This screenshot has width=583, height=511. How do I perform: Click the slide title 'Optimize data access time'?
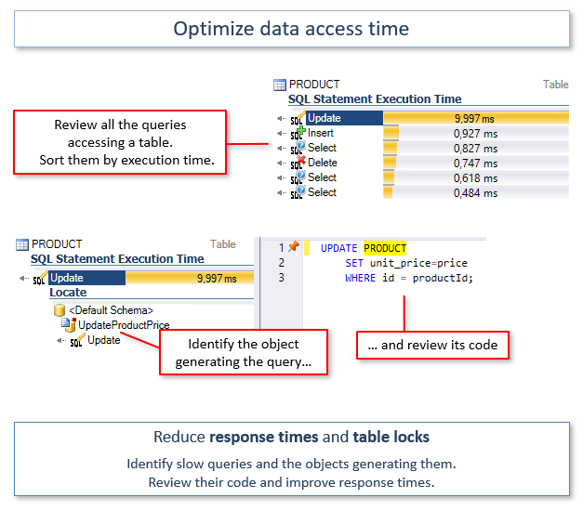point(291,29)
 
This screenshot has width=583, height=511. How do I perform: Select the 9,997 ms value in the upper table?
point(474,118)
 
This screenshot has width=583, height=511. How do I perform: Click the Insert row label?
point(321,133)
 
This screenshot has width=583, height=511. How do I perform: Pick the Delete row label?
point(323,163)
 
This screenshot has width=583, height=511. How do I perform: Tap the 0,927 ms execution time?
point(475,134)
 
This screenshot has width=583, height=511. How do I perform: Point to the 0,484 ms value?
point(475,193)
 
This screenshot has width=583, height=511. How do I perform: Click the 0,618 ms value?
point(475,178)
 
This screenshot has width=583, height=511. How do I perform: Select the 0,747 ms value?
point(475,164)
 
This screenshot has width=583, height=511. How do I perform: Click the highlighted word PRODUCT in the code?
point(385,248)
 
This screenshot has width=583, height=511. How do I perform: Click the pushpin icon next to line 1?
point(294,247)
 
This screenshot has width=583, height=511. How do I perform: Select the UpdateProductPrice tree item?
point(124,324)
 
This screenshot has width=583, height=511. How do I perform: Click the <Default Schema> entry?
point(111,310)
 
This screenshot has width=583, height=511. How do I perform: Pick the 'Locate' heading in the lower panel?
point(68,293)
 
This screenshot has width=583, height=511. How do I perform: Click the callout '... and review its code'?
point(432,345)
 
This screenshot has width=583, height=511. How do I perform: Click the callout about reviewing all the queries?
point(120,142)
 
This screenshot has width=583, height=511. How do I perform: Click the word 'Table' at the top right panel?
point(555,85)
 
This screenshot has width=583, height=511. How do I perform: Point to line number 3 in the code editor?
point(282,278)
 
